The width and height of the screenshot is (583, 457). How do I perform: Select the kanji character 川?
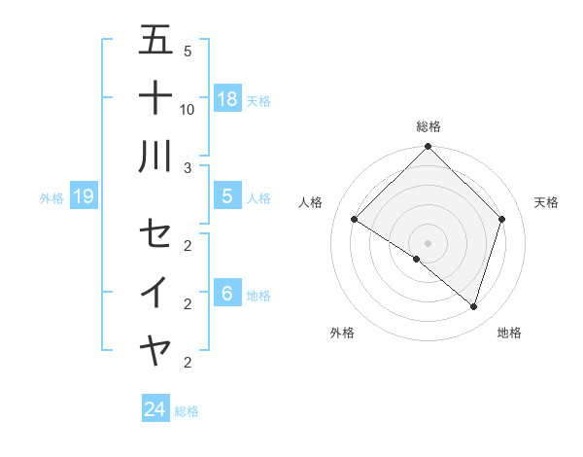[155, 156]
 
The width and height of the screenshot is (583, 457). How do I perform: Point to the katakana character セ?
[155, 233]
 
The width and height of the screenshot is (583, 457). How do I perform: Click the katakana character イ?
[155, 292]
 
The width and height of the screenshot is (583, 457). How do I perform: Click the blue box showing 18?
[227, 98]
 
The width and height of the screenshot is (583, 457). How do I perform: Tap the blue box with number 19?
[83, 197]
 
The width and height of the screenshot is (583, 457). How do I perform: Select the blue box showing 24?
[155, 409]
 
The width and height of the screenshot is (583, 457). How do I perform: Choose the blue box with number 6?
[227, 294]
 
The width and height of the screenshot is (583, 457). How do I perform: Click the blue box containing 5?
[227, 196]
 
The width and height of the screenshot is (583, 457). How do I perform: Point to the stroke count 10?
[188, 109]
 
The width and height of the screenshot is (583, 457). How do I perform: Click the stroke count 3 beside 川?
[188, 167]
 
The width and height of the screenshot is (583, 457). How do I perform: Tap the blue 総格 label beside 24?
[187, 411]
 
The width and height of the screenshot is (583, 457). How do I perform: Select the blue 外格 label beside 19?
[51, 198]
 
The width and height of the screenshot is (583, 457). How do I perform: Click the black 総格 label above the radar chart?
[428, 126]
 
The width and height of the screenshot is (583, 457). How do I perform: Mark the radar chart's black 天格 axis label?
[547, 202]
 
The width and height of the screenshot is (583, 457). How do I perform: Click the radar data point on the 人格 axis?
[355, 220]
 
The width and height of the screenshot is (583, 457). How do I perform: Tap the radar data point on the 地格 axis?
[473, 306]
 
